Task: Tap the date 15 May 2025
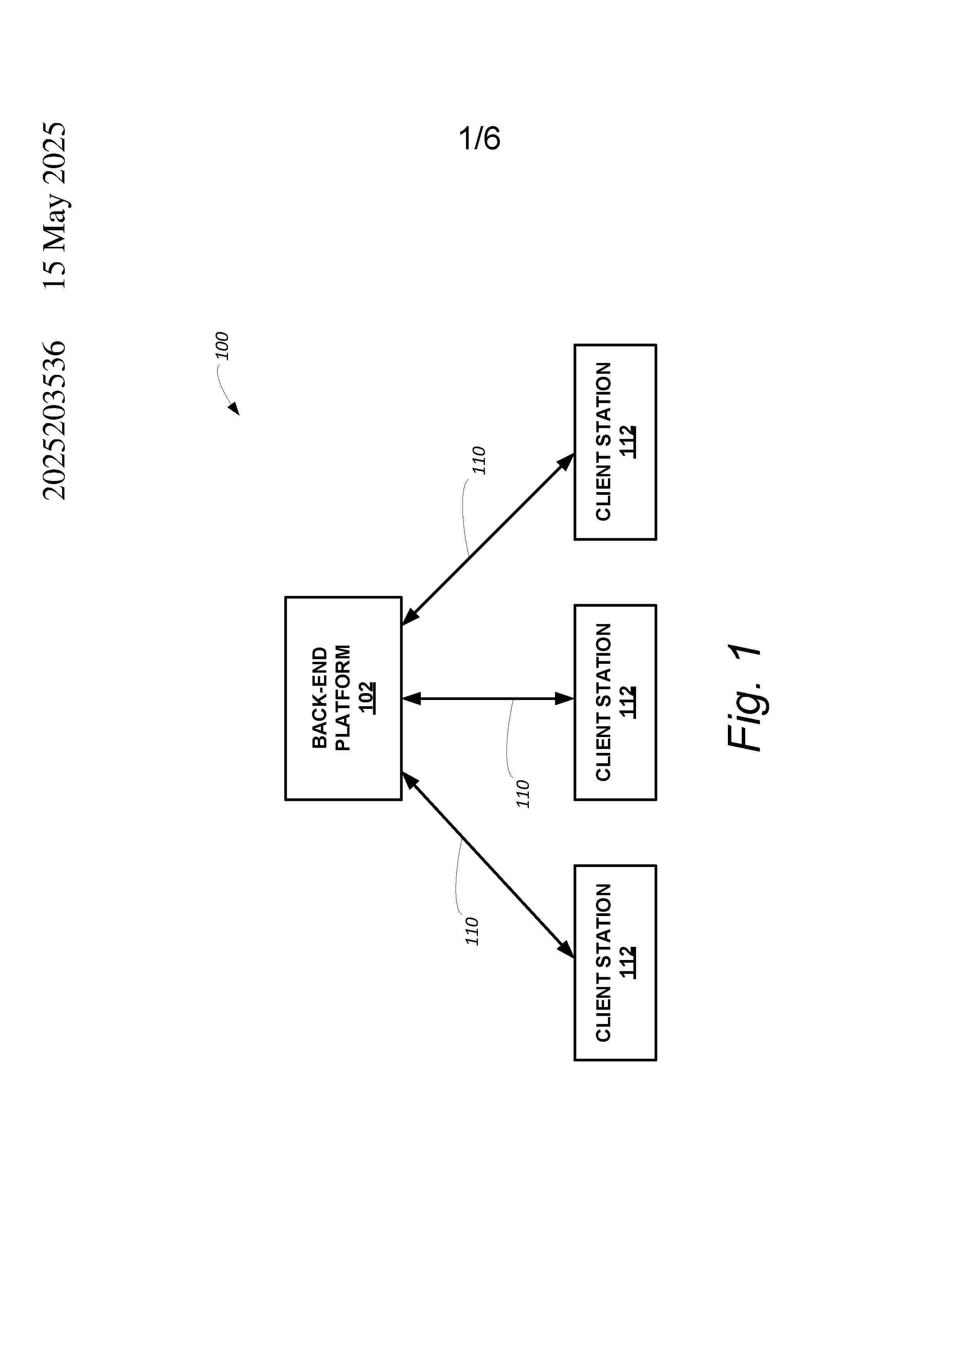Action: [54, 205]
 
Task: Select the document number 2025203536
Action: [54, 420]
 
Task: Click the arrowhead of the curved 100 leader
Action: [235, 409]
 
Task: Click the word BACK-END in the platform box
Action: [319, 698]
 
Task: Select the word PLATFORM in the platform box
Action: [343, 698]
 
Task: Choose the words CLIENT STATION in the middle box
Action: [603, 702]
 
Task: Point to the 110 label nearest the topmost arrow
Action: [478, 460]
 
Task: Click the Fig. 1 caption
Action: [744, 698]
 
